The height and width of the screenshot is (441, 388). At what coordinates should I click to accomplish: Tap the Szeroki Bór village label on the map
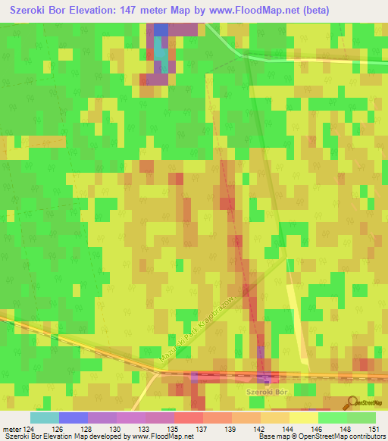pos(267,391)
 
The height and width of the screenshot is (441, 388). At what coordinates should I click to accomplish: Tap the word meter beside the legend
pos(12,430)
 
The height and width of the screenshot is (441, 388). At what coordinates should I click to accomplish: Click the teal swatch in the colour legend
pos(45,418)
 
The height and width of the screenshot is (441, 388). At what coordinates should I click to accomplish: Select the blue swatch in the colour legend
pos(74,418)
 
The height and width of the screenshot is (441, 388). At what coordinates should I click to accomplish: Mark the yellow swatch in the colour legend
pos(304,418)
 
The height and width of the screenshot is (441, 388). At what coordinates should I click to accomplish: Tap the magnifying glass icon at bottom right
pos(353,402)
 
